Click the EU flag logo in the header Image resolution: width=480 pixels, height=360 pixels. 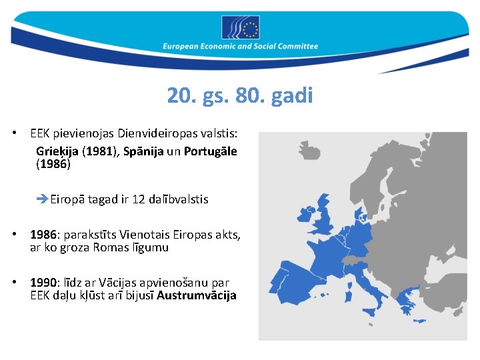click(241, 27)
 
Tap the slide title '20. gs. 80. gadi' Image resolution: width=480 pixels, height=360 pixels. click(240, 96)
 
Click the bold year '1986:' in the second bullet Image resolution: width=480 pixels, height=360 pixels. click(45, 235)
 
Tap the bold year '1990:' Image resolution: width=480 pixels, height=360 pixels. click(45, 283)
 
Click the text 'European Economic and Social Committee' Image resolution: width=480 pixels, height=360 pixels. click(241, 47)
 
